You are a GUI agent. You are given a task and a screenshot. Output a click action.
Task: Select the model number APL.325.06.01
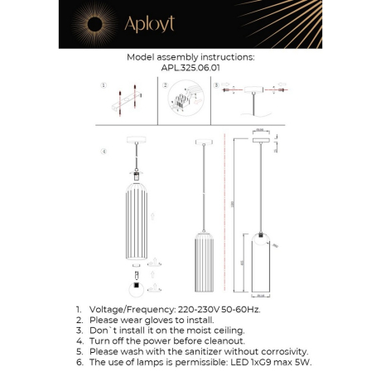coord(190,70)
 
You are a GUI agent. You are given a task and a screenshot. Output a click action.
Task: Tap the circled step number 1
coord(103,85)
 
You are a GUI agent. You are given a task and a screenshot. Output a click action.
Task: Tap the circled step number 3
coord(216,85)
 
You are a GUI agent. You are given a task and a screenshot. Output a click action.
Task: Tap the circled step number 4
coord(103,152)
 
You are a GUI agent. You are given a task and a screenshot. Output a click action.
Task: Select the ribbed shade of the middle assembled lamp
coord(199,263)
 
